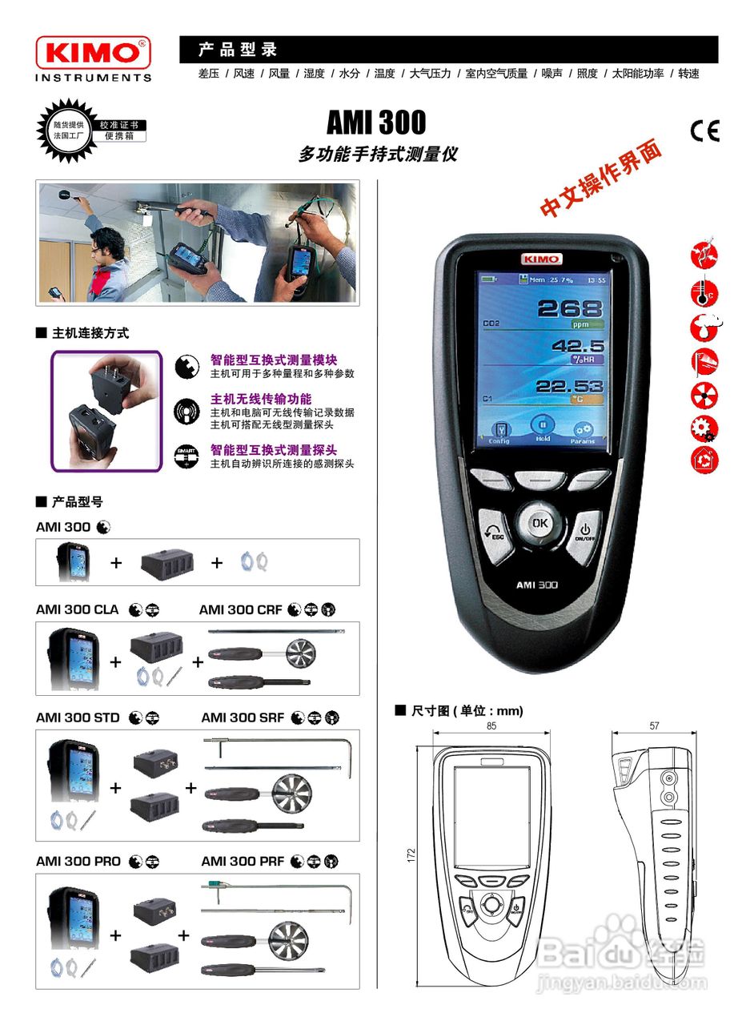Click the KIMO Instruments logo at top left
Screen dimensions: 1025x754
[x=93, y=58]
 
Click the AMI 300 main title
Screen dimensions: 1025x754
[x=376, y=123]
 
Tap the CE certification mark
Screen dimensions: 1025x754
[x=704, y=131]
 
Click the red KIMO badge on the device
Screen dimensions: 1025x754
[x=542, y=259]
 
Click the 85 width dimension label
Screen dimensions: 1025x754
[x=491, y=726]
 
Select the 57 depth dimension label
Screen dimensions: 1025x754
[x=654, y=726]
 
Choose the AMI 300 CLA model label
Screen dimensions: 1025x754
[x=77, y=610]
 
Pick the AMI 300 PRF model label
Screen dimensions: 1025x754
[x=243, y=862]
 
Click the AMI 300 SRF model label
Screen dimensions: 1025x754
[x=243, y=718]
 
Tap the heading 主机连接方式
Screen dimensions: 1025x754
[x=90, y=333]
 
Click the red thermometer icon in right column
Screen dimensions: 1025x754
[x=704, y=291]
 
